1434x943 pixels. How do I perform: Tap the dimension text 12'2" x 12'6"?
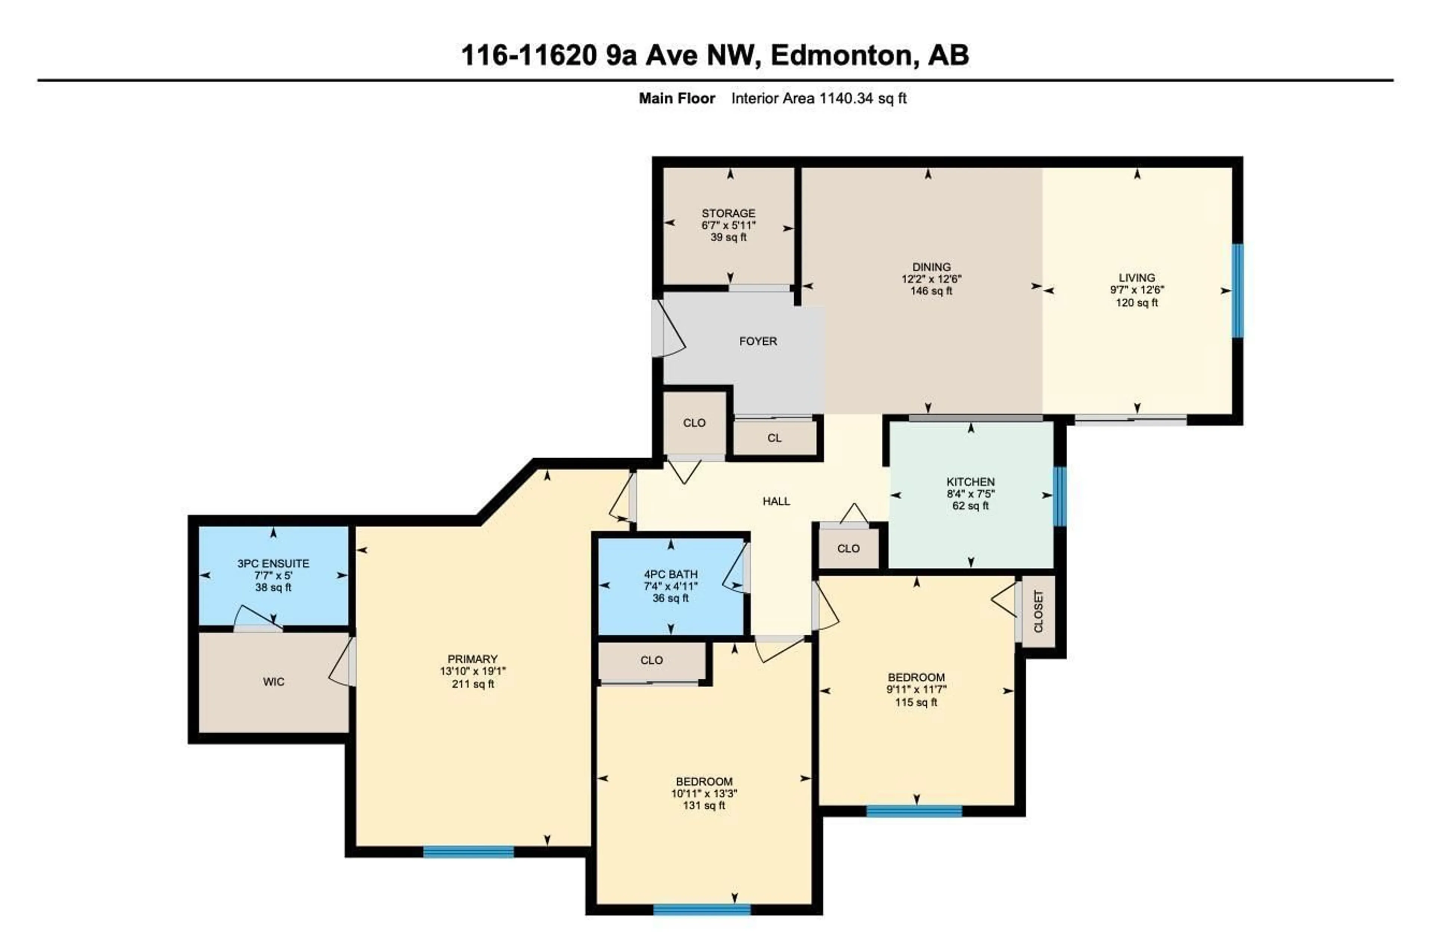pos(931,279)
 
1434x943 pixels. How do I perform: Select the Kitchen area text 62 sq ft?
pos(970,506)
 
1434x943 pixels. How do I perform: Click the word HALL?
pos(776,501)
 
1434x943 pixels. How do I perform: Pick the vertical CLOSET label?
pos(1038,611)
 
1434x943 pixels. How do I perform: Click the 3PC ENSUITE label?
pos(273,564)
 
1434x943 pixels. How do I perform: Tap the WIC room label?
pos(274,682)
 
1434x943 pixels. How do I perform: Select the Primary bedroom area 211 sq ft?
pos(472,684)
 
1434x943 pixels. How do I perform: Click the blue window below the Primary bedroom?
pos(468,852)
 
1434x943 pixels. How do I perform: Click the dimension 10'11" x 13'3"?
pos(704,794)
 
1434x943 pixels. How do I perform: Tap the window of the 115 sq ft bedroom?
pos(914,811)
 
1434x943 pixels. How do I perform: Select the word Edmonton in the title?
pos(841,55)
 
